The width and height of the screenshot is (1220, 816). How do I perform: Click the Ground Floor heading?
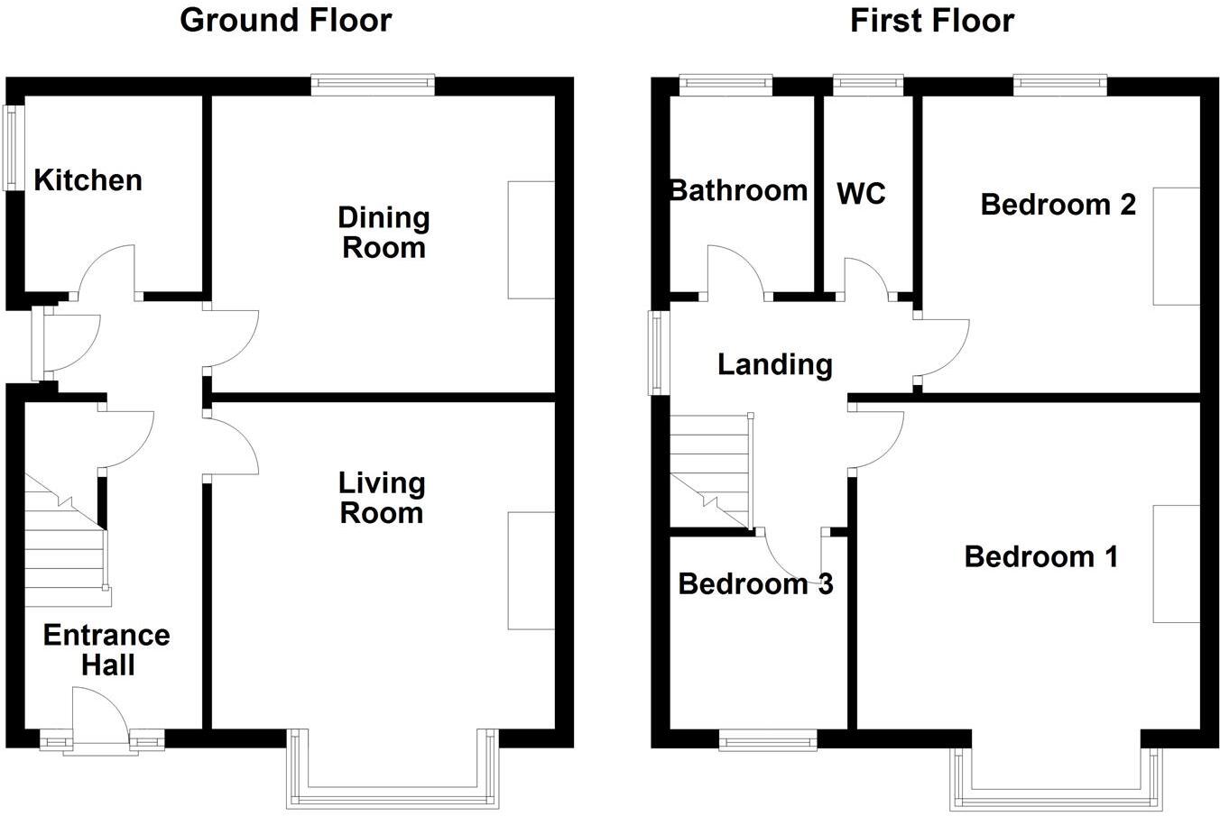tap(286, 20)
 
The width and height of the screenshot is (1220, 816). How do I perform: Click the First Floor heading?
tap(932, 20)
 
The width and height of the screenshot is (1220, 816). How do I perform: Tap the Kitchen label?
tap(88, 180)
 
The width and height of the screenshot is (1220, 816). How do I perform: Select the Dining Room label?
tap(384, 232)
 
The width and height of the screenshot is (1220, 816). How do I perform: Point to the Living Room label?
tap(382, 498)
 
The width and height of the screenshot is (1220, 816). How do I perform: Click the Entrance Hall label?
tap(106, 649)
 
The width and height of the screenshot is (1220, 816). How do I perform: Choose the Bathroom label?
tap(738, 190)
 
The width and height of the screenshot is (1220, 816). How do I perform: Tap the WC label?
tap(861, 194)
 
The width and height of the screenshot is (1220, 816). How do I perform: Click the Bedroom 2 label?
tap(1058, 205)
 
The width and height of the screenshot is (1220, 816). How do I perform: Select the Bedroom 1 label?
tap(1041, 556)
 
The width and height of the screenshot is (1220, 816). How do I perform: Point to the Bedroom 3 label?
tap(755, 584)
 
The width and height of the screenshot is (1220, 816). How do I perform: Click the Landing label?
tap(774, 364)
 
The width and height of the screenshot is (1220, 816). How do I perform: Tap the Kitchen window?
tap(13, 148)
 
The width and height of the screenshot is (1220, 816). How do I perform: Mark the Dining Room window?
tap(373, 85)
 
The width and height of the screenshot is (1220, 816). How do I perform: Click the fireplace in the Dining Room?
tap(531, 239)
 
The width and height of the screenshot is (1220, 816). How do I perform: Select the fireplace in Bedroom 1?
tap(1177, 564)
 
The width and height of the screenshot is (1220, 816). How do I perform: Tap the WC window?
tap(868, 85)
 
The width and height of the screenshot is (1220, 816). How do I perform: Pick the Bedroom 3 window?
tap(768, 741)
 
